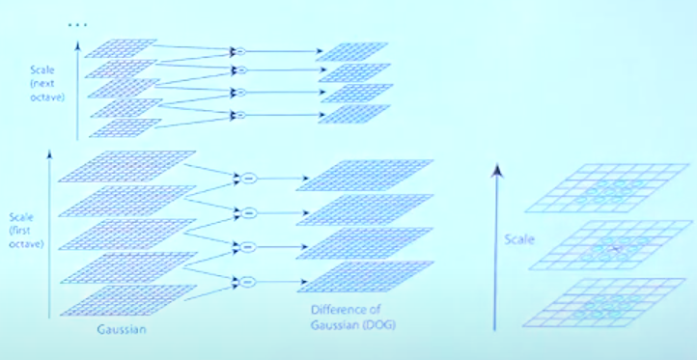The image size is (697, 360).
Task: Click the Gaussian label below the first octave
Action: coord(122,330)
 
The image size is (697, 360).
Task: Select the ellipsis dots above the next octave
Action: coord(77,25)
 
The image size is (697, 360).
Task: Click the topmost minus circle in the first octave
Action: coord(249,179)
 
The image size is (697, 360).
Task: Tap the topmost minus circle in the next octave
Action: coord(239,51)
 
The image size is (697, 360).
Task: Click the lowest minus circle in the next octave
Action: coord(239,115)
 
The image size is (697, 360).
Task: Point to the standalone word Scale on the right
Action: coord(519,239)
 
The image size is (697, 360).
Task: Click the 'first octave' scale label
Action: coord(26,231)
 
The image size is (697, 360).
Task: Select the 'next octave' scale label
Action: coord(47,83)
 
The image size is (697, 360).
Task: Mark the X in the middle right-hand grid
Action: coord(617,248)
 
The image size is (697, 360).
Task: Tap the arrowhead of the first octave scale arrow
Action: coord(49,153)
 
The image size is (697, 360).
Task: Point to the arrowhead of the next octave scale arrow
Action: coord(78,45)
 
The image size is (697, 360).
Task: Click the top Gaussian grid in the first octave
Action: coord(127,166)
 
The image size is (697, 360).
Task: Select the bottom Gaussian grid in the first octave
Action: coord(128,300)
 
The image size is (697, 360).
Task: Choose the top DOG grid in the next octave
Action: coord(352,51)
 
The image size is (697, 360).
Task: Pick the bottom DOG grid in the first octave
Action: coord(365,276)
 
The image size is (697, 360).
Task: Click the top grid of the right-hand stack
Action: coord(607,188)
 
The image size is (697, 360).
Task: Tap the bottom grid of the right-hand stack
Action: coord(604,303)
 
